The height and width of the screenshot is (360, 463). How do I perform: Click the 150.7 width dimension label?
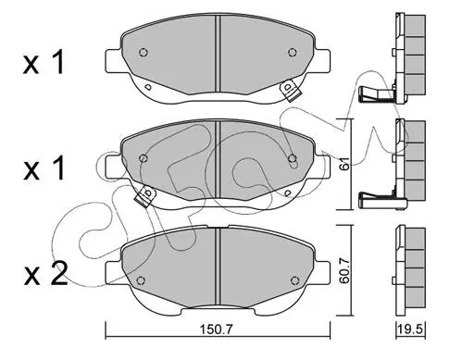click(216, 329)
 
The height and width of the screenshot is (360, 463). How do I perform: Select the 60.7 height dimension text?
click(344, 271)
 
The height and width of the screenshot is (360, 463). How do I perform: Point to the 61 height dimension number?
click(345, 163)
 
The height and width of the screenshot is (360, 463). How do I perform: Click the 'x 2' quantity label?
click(45, 274)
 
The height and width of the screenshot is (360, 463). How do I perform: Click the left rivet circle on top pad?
click(144, 53)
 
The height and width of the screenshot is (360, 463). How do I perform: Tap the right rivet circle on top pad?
click(292, 53)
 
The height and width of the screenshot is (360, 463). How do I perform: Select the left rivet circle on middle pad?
click(143, 158)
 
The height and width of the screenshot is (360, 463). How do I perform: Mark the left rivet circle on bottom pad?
click(141, 280)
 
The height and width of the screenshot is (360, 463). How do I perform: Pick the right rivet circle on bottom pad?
click(295, 280)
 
